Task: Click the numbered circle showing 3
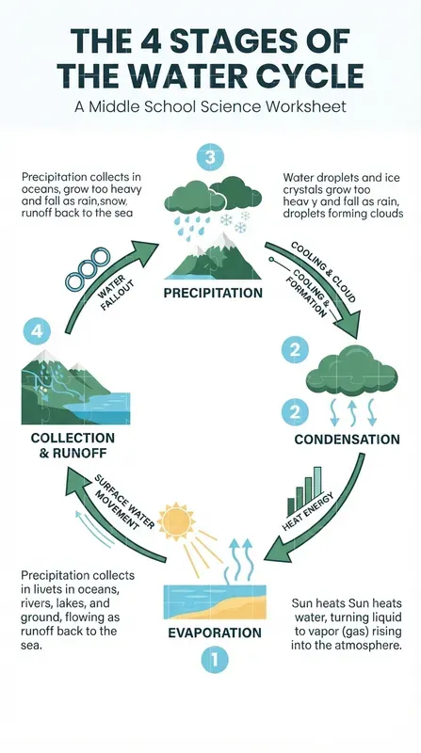click(211, 157)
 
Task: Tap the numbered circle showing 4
click(37, 331)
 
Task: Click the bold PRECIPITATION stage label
click(213, 293)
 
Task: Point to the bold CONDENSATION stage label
click(347, 440)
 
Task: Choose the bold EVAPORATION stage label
click(215, 633)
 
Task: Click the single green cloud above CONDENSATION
click(352, 371)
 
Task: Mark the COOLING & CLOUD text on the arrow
click(323, 271)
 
